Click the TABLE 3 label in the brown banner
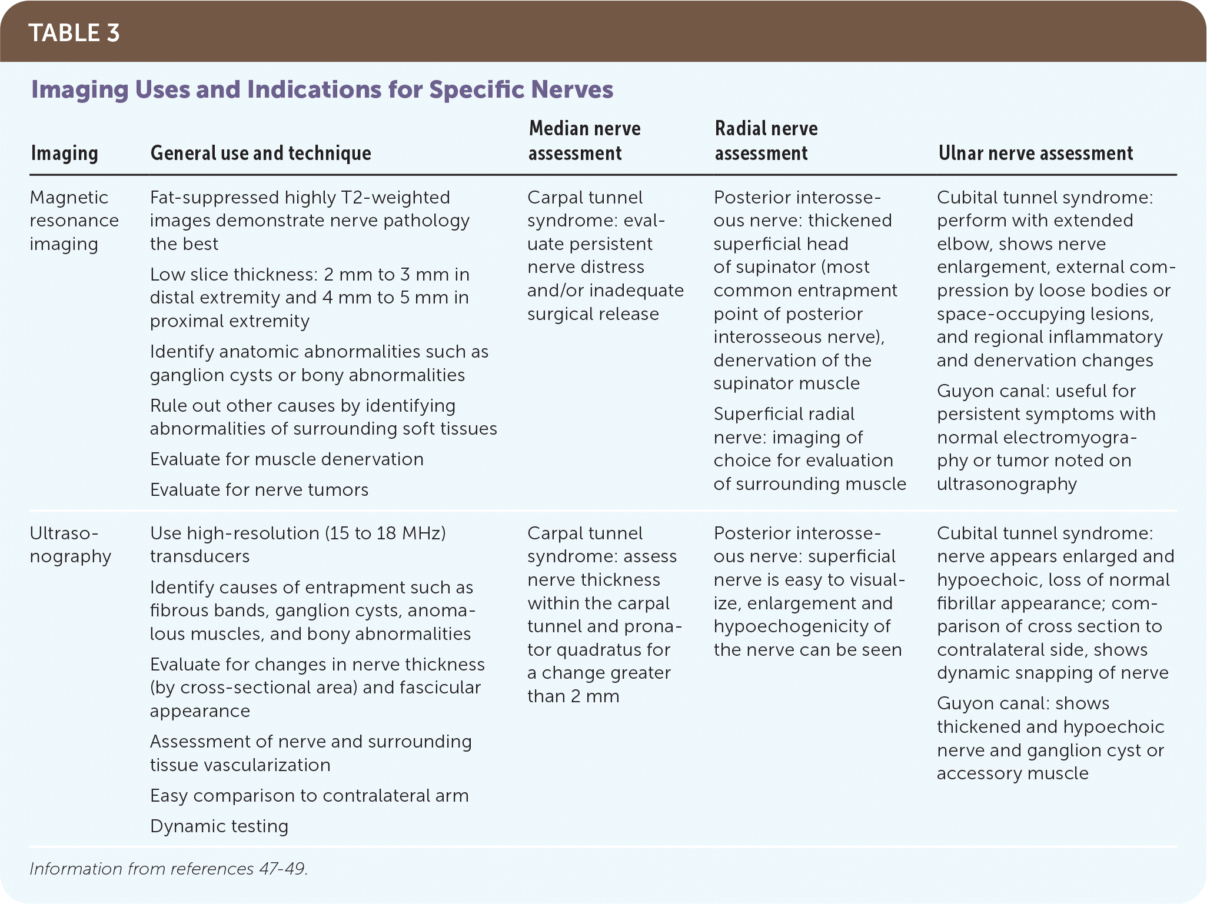coord(74,33)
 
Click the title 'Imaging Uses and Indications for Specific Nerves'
coord(322,89)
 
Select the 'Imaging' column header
coord(64,153)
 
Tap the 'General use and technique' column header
coord(261,153)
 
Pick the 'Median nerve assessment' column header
coord(584,141)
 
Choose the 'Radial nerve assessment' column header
coord(766,141)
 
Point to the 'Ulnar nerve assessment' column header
coord(1035,153)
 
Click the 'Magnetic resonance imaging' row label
coord(74,220)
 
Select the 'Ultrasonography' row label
coord(70,545)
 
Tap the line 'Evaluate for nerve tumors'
coord(259,489)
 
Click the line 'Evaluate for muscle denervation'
coord(287,459)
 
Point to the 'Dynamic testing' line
coord(219,826)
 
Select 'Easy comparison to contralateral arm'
coord(309,795)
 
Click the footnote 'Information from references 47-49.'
coord(168,869)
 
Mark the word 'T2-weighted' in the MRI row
coord(395,197)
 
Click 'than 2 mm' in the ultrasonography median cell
coord(573,696)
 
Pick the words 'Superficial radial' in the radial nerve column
coord(783,413)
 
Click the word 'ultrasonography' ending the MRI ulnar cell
coord(1006,483)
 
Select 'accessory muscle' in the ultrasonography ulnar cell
coord(1012,773)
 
